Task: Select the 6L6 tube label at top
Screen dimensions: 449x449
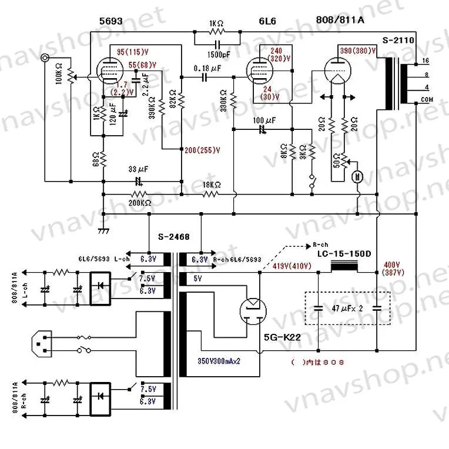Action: point(269,21)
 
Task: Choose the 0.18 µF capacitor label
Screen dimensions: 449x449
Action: point(206,68)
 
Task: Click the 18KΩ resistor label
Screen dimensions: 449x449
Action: point(212,185)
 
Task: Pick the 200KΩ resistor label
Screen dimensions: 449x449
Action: point(140,203)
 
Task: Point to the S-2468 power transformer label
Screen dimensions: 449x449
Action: point(172,237)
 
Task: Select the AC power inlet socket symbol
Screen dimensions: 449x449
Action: point(42,343)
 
